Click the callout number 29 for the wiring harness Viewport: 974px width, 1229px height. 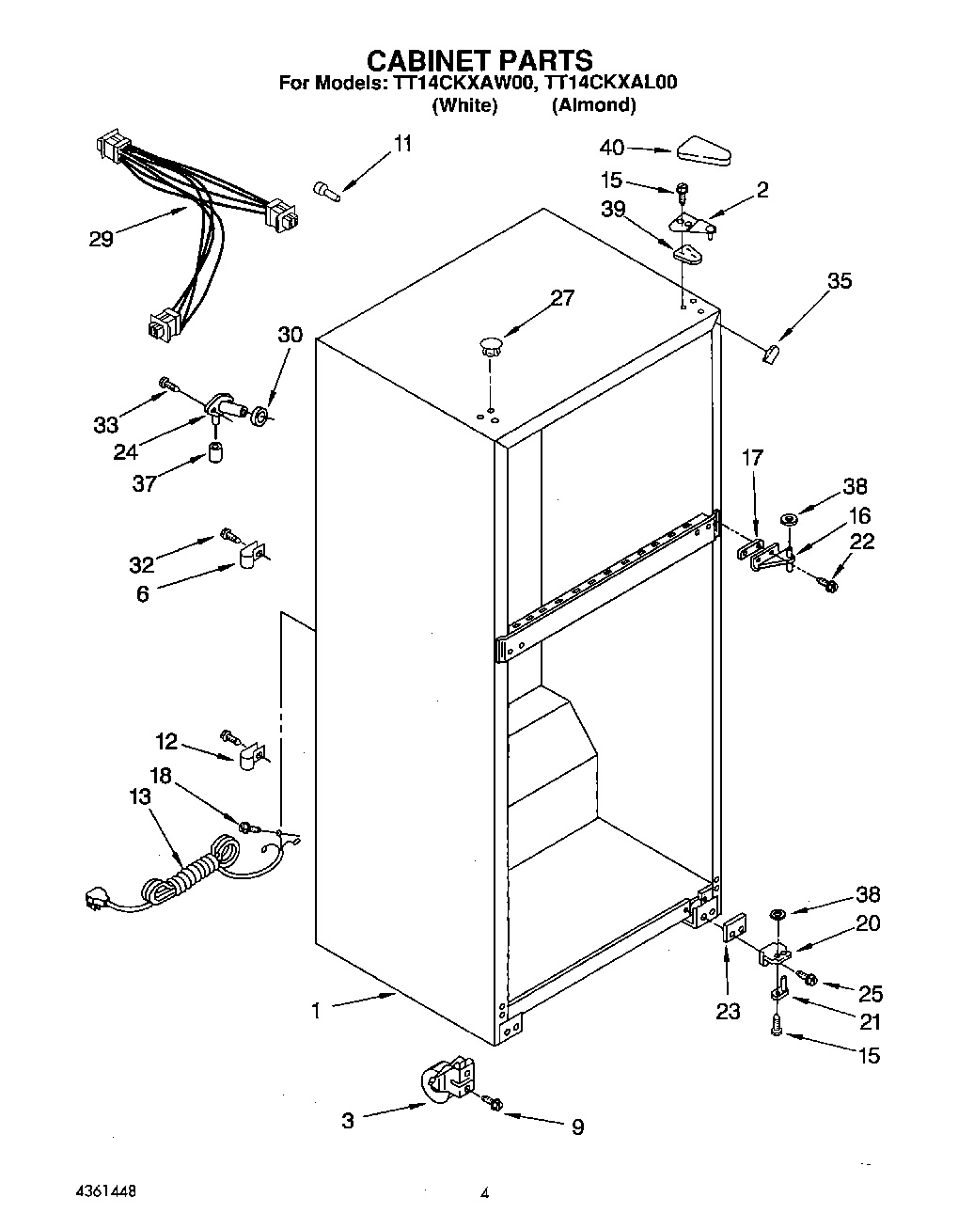[101, 239]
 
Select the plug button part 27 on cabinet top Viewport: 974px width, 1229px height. [489, 344]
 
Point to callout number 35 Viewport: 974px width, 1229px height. [839, 280]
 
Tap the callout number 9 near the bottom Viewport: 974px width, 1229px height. [577, 1126]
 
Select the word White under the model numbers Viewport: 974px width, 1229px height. [463, 105]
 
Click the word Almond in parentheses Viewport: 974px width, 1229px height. [593, 105]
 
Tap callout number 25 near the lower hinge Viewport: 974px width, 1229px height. [871, 993]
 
